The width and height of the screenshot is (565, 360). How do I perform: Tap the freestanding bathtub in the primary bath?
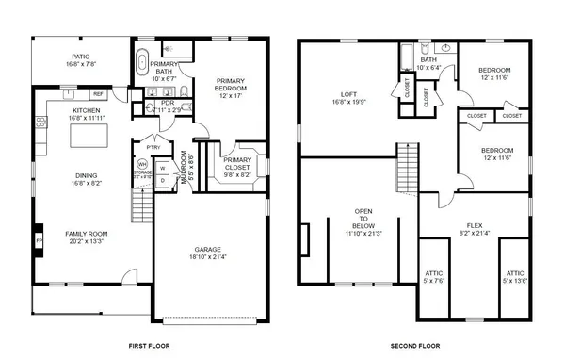(x=143, y=63)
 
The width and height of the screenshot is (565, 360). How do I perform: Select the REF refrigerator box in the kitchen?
(x=98, y=94)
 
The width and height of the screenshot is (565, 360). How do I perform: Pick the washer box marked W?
(x=161, y=167)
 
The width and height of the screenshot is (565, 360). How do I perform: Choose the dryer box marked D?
(x=161, y=181)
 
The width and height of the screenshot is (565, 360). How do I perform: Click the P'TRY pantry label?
(x=153, y=147)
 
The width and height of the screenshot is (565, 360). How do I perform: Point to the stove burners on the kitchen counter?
(x=40, y=122)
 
